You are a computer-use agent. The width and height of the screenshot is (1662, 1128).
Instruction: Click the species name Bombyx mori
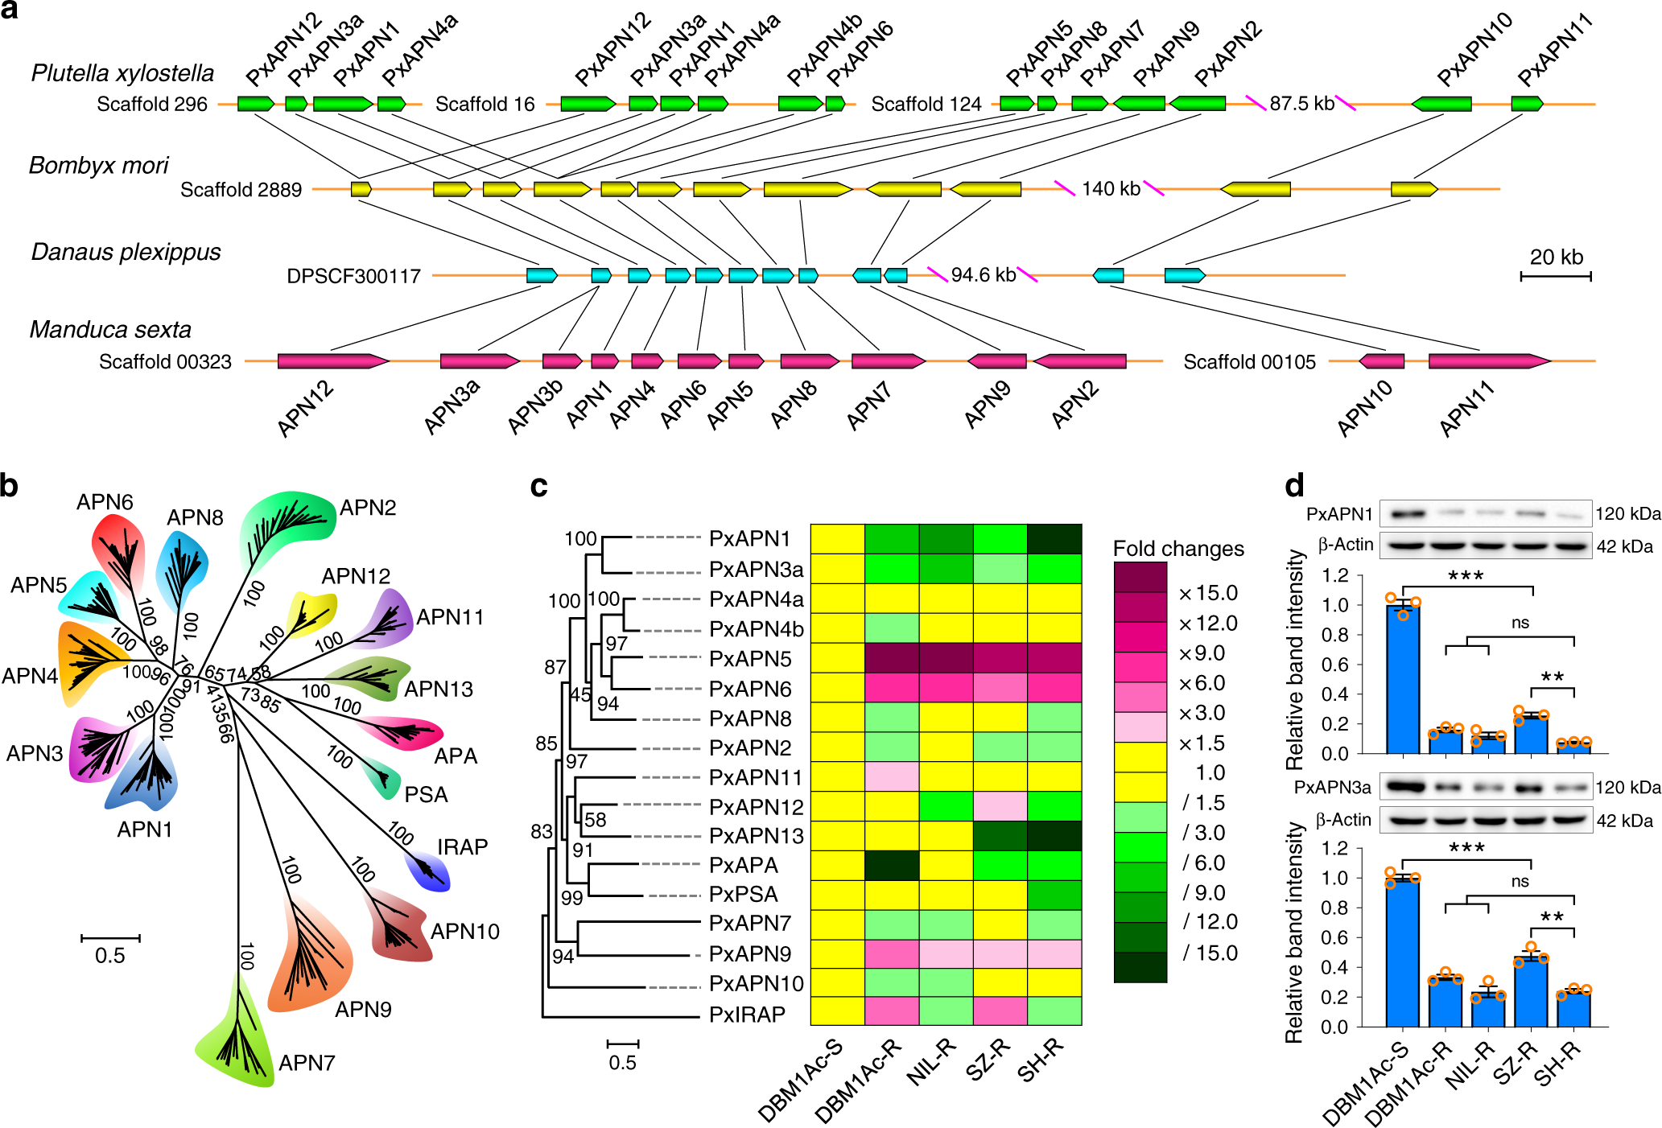pos(98,166)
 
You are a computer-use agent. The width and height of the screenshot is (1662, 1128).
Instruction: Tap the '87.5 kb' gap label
pos(1301,104)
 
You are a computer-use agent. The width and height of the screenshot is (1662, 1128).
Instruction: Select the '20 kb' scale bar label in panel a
pos(1556,257)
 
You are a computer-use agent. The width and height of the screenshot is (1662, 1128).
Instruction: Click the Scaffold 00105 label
pos(1249,362)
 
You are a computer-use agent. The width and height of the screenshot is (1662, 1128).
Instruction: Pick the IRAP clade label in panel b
pos(462,847)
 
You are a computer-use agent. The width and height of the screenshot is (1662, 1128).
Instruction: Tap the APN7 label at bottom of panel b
pos(306,1064)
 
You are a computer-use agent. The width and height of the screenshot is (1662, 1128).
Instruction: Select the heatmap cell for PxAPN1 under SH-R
pos(1054,539)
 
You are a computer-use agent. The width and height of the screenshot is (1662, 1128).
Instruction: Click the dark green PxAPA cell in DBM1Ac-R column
pos(891,866)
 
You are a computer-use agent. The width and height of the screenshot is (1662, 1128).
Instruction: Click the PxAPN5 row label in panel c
pos(750,659)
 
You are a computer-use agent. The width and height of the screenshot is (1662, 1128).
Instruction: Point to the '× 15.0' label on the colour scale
pos(1207,594)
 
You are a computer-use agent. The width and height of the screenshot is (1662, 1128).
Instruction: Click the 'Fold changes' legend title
pos(1177,549)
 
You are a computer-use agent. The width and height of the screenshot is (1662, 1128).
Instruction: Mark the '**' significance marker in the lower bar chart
pos(1552,918)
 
